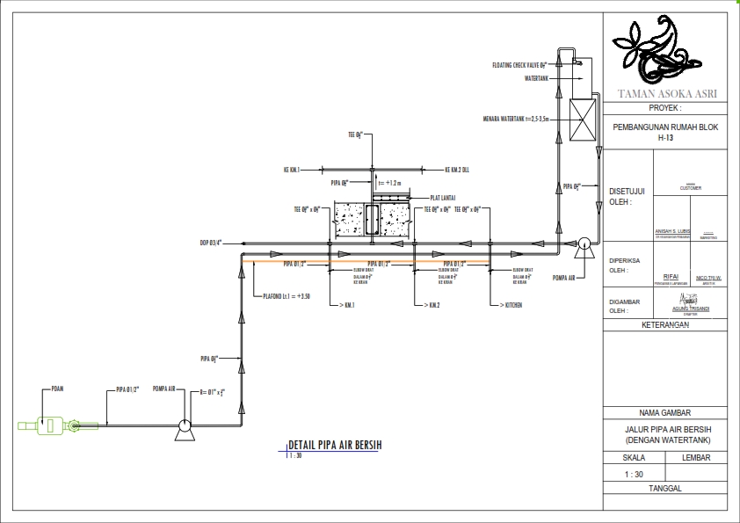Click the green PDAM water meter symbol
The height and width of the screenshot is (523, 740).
point(49,425)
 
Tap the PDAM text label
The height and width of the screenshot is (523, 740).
point(59,388)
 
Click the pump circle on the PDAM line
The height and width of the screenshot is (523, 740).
point(185,426)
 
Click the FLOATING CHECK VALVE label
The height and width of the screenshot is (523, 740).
point(520,65)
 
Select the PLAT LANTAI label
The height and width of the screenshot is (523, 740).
point(442,198)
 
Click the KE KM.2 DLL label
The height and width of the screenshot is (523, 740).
point(457,170)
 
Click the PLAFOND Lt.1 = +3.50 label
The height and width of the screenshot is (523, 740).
point(286,296)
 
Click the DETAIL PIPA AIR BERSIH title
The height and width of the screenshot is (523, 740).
point(334,445)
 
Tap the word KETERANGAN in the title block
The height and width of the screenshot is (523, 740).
point(665,323)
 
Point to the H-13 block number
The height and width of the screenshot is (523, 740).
point(665,137)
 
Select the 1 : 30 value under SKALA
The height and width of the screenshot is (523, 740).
point(633,474)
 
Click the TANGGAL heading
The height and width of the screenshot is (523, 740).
point(665,489)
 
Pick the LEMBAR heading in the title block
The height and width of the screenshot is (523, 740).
point(696,457)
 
